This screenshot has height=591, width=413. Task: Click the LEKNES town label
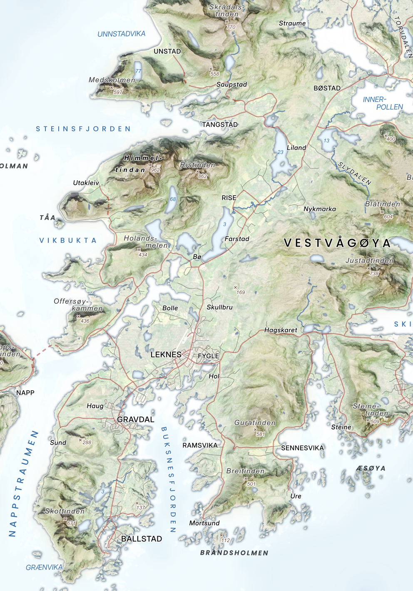[166, 355]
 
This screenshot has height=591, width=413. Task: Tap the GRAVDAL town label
[136, 420]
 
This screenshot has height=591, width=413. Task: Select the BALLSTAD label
[142, 539]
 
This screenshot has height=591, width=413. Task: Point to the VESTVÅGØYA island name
[337, 243]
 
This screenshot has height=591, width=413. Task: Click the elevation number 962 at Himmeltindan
[155, 170]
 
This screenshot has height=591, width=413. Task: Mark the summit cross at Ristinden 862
[198, 171]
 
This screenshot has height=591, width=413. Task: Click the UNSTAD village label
[167, 51]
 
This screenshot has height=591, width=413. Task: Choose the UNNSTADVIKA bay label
[121, 34]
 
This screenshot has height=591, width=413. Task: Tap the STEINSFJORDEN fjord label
[83, 129]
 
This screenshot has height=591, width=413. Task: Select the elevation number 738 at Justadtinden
[374, 274]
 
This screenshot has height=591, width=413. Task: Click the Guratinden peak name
[255, 423]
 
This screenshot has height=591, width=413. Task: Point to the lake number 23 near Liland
[281, 152]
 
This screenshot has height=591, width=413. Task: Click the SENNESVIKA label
[302, 448]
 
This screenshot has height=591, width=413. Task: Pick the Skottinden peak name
[65, 511]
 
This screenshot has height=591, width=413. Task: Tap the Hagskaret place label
[281, 330]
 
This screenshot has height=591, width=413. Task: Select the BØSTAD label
[327, 88]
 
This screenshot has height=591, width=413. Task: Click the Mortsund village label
[204, 523]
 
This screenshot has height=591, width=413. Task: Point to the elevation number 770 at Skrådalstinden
[231, 27]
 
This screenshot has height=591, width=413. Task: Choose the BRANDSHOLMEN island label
[234, 553]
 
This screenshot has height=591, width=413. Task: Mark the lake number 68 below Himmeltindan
[173, 199]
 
